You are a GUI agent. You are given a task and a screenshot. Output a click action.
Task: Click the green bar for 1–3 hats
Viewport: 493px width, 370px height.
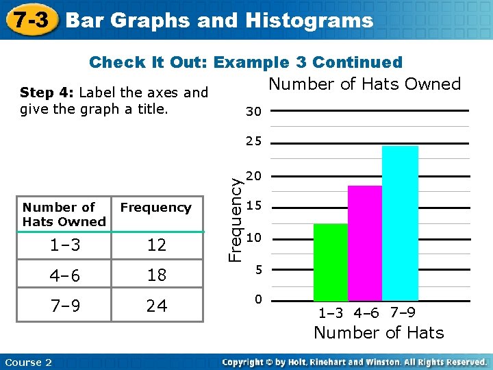331,262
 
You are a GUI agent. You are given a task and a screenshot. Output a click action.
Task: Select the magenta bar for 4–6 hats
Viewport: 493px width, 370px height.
365,243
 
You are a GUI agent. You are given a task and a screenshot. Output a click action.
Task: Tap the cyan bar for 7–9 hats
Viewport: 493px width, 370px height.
400,223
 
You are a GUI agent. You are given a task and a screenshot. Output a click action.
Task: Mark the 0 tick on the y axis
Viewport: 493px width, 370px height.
257,300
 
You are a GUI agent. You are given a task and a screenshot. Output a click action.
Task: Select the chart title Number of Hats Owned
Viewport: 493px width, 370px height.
364,84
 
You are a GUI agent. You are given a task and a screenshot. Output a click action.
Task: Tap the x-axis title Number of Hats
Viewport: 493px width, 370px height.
379,333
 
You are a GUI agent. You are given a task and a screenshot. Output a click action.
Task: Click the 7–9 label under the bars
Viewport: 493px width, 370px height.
402,313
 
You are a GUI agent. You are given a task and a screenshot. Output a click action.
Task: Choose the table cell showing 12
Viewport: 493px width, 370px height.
157,245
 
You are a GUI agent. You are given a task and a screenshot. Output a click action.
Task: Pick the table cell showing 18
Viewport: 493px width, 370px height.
157,275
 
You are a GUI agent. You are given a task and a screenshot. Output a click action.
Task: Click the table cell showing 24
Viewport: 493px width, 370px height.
157,306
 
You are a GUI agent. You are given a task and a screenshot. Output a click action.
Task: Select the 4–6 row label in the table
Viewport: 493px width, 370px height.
66,275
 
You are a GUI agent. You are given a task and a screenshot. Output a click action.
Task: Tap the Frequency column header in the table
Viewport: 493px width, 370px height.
156,208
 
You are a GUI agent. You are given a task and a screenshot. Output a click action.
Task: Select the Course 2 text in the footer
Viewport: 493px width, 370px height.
28,362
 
